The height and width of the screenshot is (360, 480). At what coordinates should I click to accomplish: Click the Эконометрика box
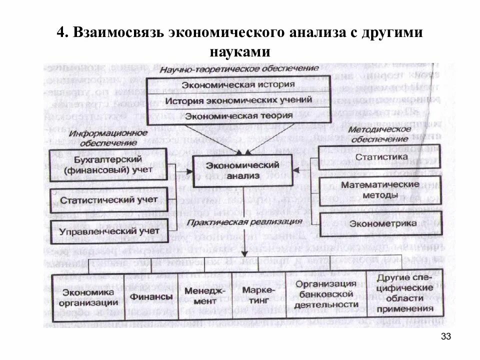pyautogui.click(x=374, y=223)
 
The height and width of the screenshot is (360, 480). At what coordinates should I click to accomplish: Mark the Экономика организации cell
pyautogui.click(x=88, y=297)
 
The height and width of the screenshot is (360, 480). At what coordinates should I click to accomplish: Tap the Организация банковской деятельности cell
pyautogui.click(x=325, y=295)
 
